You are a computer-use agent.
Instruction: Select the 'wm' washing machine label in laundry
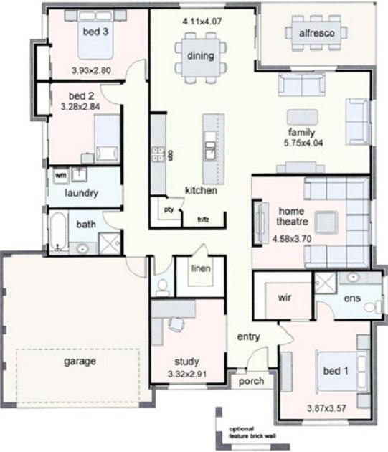61,174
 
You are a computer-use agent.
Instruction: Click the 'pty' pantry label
169,210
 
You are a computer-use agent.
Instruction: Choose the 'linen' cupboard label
200,269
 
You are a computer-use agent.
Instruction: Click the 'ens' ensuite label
351,298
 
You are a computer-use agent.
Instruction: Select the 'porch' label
251,382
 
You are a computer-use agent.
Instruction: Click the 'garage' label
80,361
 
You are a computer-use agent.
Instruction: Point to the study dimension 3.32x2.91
186,374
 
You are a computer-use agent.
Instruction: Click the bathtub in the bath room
57,231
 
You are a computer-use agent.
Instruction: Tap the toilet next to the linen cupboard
162,286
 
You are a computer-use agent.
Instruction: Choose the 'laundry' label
81,194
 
